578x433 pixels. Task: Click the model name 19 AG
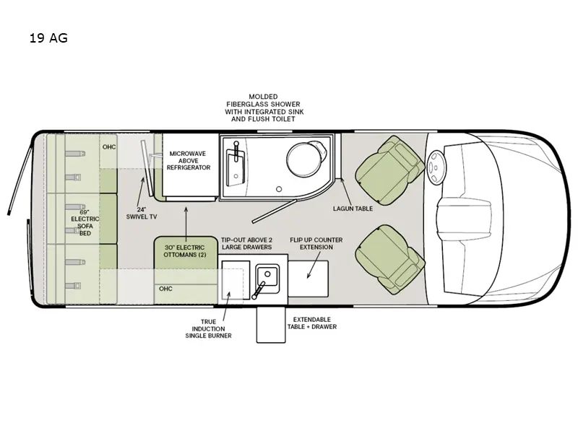coord(48,38)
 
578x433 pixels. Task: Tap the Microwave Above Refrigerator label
coord(189,160)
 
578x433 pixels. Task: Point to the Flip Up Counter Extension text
coord(316,243)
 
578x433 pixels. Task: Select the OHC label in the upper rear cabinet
coord(108,146)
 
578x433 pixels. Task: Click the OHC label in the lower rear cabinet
coord(165,288)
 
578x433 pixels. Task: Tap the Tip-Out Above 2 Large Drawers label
coord(247,243)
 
